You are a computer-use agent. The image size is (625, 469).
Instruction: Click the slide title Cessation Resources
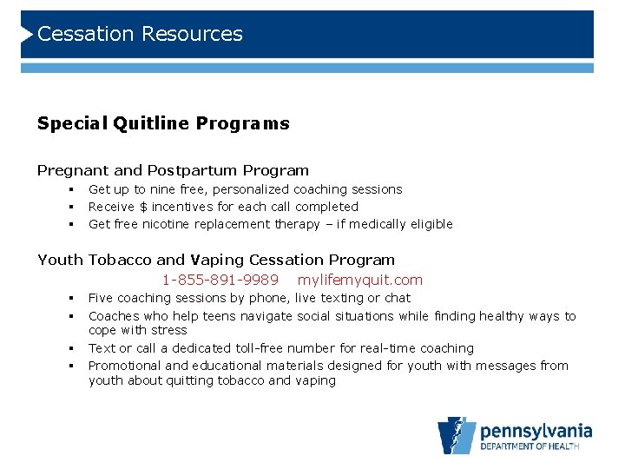pos(140,34)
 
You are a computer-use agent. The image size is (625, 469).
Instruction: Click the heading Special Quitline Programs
pos(163,123)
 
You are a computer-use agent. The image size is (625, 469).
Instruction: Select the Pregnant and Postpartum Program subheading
pos(173,170)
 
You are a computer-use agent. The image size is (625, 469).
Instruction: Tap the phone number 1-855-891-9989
pos(220,280)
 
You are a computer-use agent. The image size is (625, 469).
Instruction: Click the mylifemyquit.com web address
pos(359,280)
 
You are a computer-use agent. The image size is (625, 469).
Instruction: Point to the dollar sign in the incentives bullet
pos(143,207)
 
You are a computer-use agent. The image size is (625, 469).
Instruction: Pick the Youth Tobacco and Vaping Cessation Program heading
pos(215,260)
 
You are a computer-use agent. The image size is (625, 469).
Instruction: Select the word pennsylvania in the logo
pos(536,431)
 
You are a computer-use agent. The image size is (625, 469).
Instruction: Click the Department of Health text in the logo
pos(536,448)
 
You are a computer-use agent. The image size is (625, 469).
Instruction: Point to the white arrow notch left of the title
pos(27,34)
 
